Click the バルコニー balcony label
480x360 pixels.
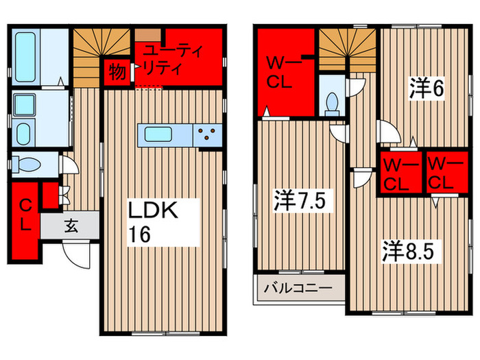pyautogui.click(x=300, y=287)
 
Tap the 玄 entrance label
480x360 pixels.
pyautogui.click(x=71, y=224)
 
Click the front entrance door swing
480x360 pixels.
pyautogui.click(x=76, y=256)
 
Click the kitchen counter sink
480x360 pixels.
pyautogui.click(x=156, y=134)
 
